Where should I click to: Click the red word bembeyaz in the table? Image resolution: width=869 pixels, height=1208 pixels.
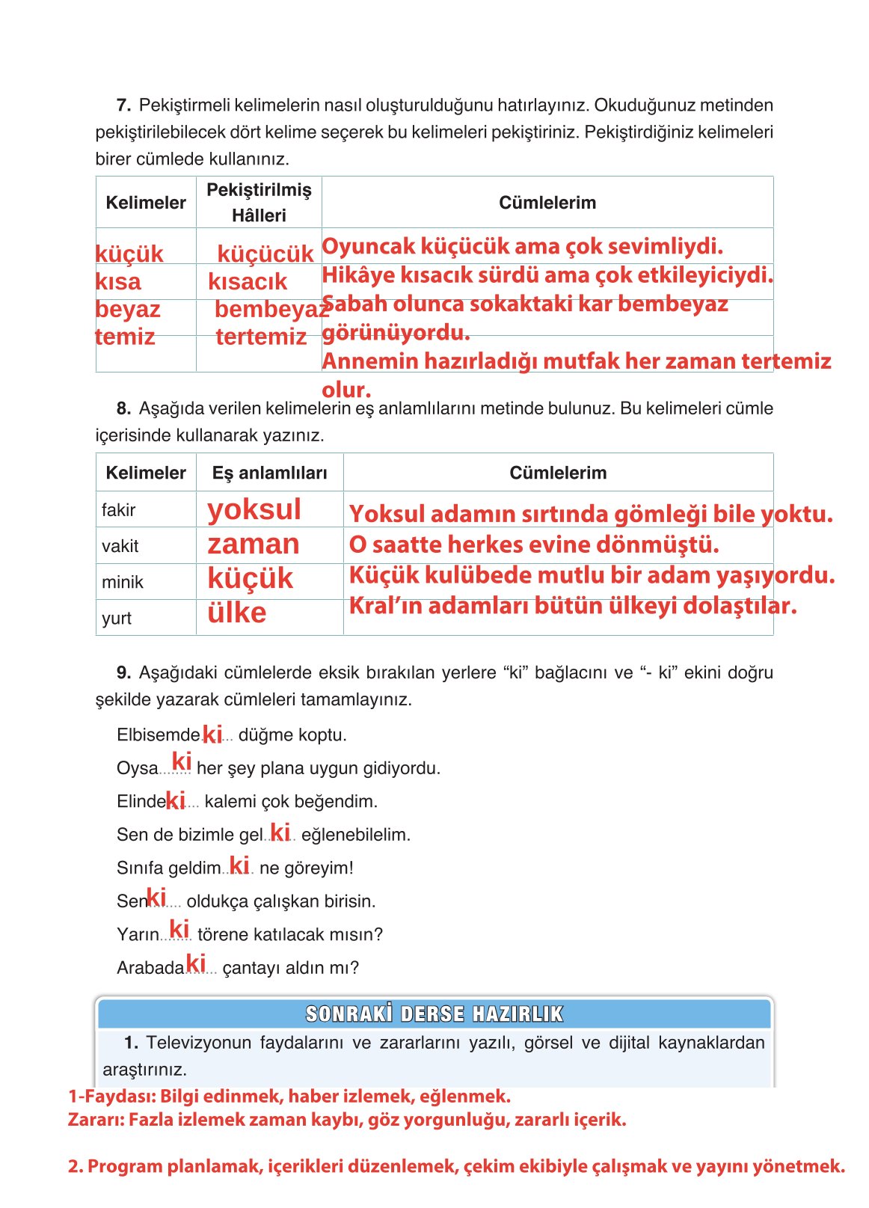point(271,309)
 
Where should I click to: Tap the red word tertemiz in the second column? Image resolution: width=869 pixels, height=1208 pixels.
point(261,337)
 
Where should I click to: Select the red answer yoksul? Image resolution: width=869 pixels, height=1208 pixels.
point(254,509)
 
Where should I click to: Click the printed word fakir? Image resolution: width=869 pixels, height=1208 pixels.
point(118,510)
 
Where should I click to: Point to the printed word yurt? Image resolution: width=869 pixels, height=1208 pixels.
point(116,618)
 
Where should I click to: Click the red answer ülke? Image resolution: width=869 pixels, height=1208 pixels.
point(236,613)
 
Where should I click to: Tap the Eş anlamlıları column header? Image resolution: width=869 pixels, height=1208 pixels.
point(269,473)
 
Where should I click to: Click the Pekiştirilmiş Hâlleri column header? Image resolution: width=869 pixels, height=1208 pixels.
point(259,202)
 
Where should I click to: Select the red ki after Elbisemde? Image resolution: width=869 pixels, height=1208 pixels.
point(212,735)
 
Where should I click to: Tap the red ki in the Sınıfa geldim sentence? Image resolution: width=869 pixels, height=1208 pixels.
point(239,865)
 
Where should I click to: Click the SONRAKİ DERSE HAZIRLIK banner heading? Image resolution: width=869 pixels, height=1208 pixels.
point(434,1014)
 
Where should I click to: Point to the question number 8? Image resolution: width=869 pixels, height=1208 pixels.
point(123,408)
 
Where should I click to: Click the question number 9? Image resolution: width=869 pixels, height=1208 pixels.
point(123,672)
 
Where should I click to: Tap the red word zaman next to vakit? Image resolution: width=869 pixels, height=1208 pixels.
point(253,544)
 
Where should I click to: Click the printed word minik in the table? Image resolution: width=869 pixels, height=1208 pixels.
point(122,582)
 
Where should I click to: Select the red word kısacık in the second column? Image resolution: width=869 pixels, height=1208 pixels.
point(247,281)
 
